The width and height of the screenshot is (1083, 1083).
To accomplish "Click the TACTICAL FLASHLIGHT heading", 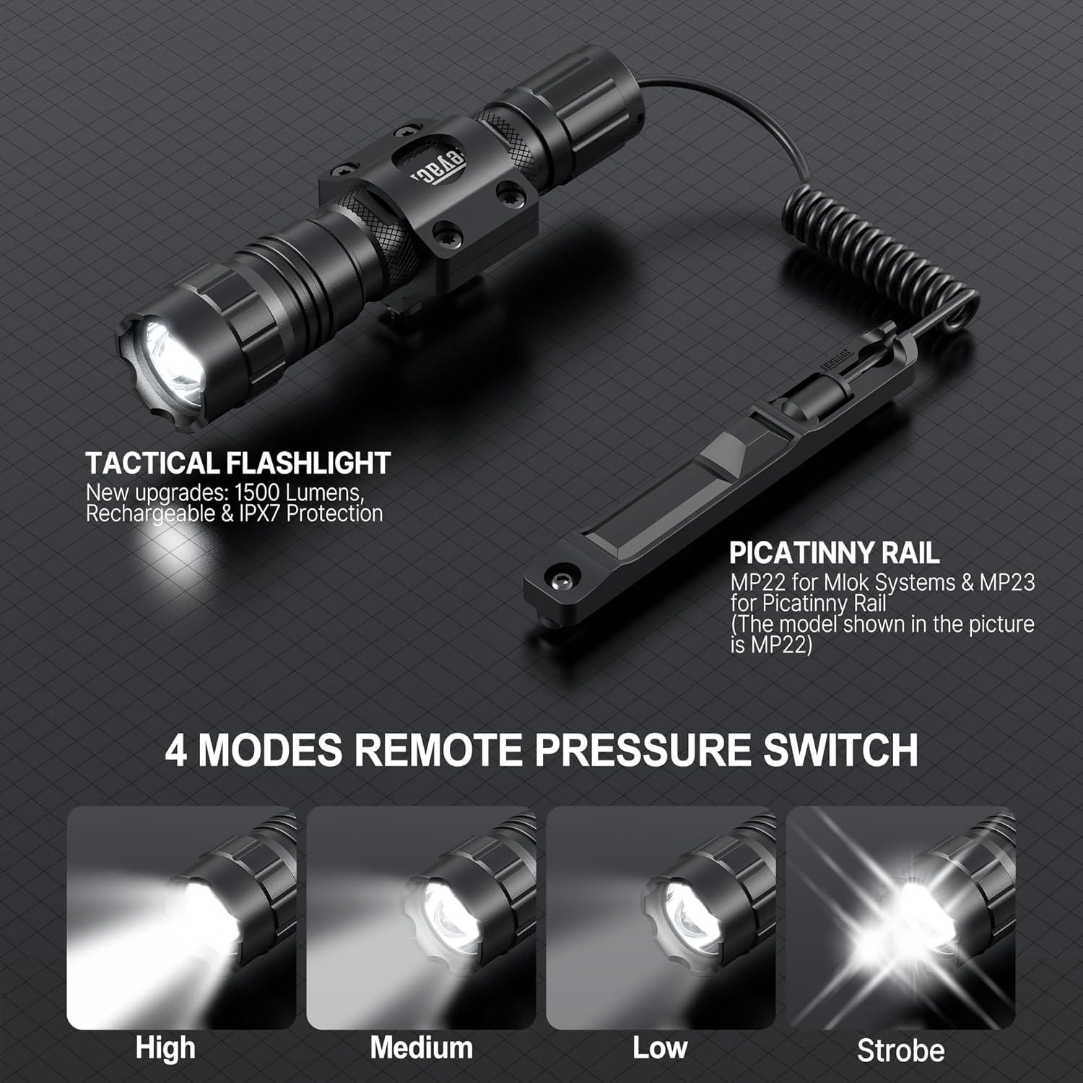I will point(238,463).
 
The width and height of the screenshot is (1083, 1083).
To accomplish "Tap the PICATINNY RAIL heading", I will point(834,553).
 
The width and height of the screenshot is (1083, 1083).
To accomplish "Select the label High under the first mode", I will point(165,1048).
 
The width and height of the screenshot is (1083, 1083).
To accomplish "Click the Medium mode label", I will point(421,1048).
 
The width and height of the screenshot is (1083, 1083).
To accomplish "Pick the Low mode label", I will point(660,1048).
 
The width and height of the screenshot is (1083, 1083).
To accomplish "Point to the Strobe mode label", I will point(900,1051).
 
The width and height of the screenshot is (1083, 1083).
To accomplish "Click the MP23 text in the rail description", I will point(1006,582).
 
